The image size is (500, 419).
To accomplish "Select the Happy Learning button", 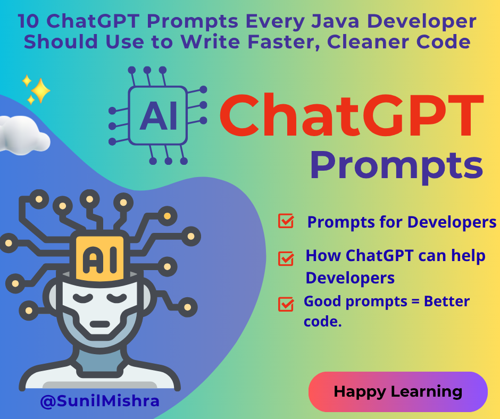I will pos(398,392).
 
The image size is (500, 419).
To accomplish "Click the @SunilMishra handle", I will pos(100,400).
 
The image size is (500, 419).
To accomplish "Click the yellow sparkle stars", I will pos(36,89).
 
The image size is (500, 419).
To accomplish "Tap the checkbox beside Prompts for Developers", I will pos(286,221).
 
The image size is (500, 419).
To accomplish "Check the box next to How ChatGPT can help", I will pos(286,258).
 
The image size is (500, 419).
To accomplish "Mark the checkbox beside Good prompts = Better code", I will pos(286,304).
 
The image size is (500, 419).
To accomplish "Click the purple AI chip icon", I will pos(158,115).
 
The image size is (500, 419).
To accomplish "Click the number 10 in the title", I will pos(28,22).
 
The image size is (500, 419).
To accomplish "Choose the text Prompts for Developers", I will pos(402,222).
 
